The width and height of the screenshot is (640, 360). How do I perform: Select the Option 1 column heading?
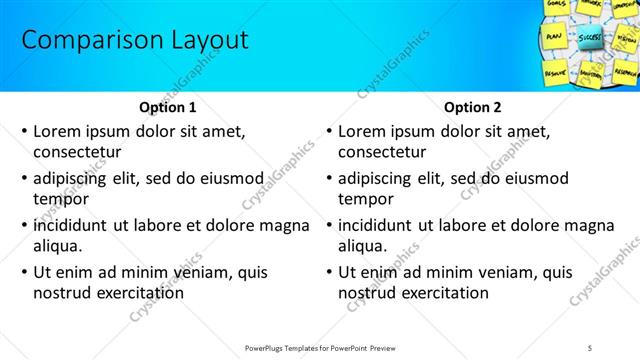(166, 108)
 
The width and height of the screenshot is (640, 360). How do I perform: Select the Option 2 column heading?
(473, 108)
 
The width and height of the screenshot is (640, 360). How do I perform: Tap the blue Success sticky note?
(589, 40)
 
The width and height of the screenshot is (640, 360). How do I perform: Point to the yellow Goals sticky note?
(558, 6)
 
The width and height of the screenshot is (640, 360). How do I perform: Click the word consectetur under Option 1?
(77, 152)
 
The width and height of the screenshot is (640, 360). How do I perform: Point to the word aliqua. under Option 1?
(58, 246)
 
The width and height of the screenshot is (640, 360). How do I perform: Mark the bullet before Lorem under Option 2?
(329, 132)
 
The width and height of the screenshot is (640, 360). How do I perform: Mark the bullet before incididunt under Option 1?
(24, 226)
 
